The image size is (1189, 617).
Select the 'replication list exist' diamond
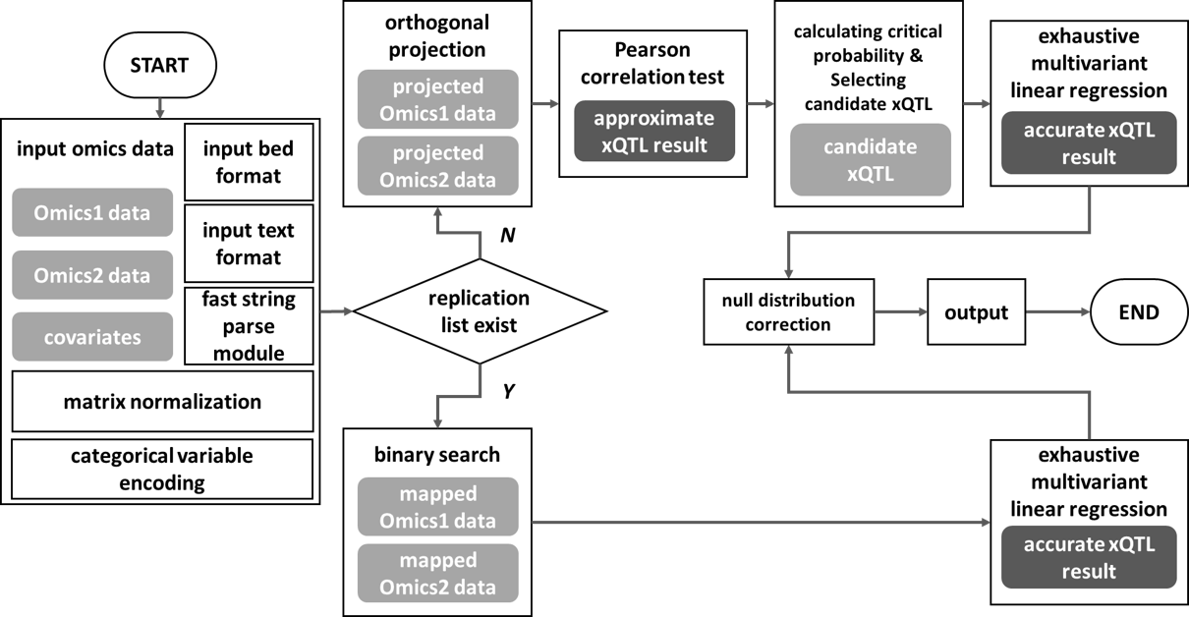(x=479, y=310)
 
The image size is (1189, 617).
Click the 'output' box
(x=976, y=313)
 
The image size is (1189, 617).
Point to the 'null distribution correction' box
(x=788, y=312)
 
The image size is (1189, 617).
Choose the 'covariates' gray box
(x=92, y=337)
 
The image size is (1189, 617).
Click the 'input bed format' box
(x=249, y=162)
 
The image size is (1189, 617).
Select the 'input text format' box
(x=249, y=244)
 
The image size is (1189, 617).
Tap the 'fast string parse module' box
(x=249, y=325)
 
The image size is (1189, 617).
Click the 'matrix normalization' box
(x=162, y=402)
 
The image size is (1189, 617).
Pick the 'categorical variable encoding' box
(x=162, y=469)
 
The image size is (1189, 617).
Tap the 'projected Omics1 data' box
(x=438, y=99)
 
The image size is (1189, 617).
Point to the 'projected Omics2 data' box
(x=438, y=166)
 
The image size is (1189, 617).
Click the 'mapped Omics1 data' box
(x=438, y=507)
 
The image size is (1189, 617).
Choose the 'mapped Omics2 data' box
(x=438, y=574)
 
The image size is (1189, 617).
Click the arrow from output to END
(x=1056, y=313)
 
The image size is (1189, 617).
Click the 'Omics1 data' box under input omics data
(x=92, y=213)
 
